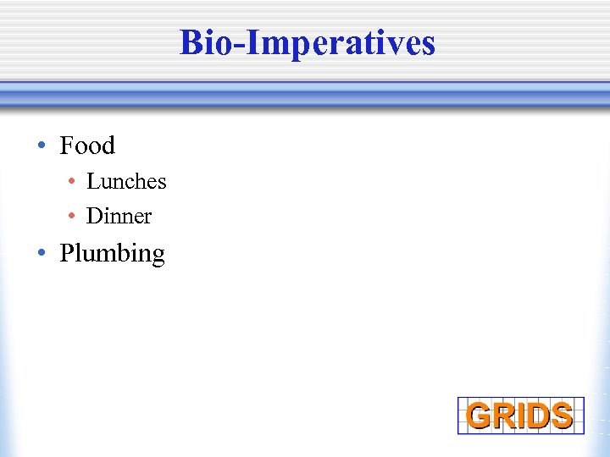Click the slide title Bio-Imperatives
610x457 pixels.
point(307,42)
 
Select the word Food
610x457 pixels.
point(87,146)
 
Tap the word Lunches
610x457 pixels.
point(126,181)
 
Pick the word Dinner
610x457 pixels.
point(119,217)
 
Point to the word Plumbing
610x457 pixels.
point(112,254)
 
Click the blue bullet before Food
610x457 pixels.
point(41,146)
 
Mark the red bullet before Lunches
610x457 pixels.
point(74,182)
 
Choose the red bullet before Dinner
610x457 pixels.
point(74,217)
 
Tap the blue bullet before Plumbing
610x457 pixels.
point(41,254)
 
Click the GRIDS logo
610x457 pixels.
point(520,416)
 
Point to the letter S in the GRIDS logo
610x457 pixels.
point(560,416)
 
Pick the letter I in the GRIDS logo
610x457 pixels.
point(523,416)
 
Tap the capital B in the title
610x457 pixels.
point(191,42)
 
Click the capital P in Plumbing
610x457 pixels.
point(66,253)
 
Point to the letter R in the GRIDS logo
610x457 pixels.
point(504,416)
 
